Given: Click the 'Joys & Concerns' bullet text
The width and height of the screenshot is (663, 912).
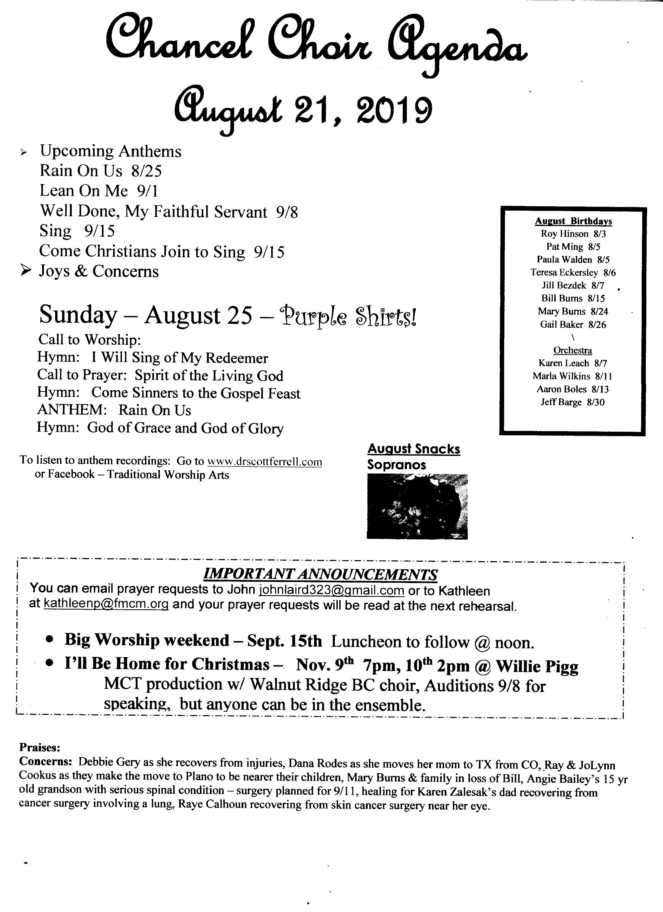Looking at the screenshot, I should (99, 272).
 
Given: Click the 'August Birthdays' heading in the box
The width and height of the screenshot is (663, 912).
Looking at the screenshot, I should (573, 221).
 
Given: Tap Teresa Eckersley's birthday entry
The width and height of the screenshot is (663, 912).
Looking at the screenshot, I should (573, 273).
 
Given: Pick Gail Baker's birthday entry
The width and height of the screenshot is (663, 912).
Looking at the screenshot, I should (573, 325).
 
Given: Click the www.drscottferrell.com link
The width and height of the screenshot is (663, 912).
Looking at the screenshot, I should (265, 462).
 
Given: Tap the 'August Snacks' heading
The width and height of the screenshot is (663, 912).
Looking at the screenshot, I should (414, 449).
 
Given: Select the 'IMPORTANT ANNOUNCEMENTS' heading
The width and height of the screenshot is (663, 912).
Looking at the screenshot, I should (320, 574).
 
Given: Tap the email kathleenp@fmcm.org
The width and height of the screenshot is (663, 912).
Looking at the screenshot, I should (106, 604).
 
